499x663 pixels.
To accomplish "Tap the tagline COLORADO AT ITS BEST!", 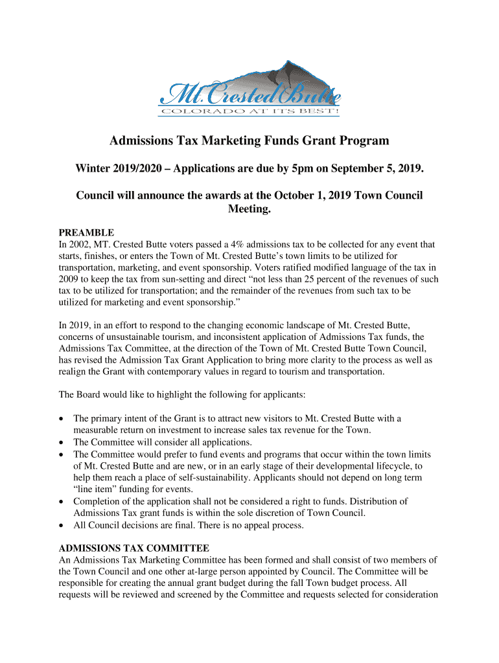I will pyautogui.click(x=250, y=111).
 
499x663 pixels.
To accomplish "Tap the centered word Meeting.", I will pyautogui.click(x=250, y=209).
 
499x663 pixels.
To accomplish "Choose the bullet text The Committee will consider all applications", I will pyautogui.click(x=163, y=442).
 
